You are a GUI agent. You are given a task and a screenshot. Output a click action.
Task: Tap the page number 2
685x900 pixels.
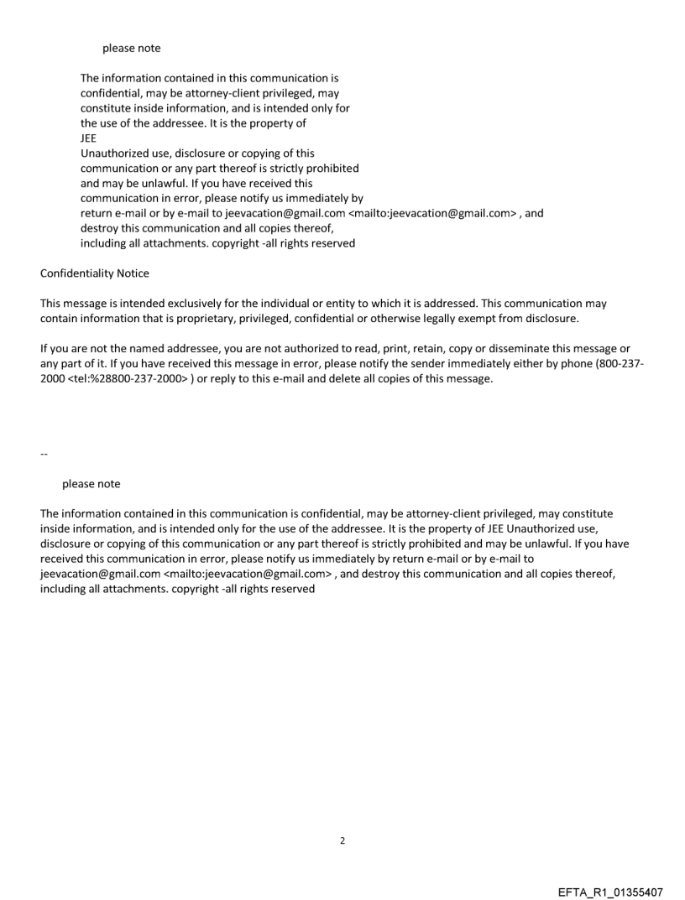click(x=342, y=840)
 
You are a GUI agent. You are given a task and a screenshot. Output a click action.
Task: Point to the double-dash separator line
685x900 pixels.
click(x=44, y=455)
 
